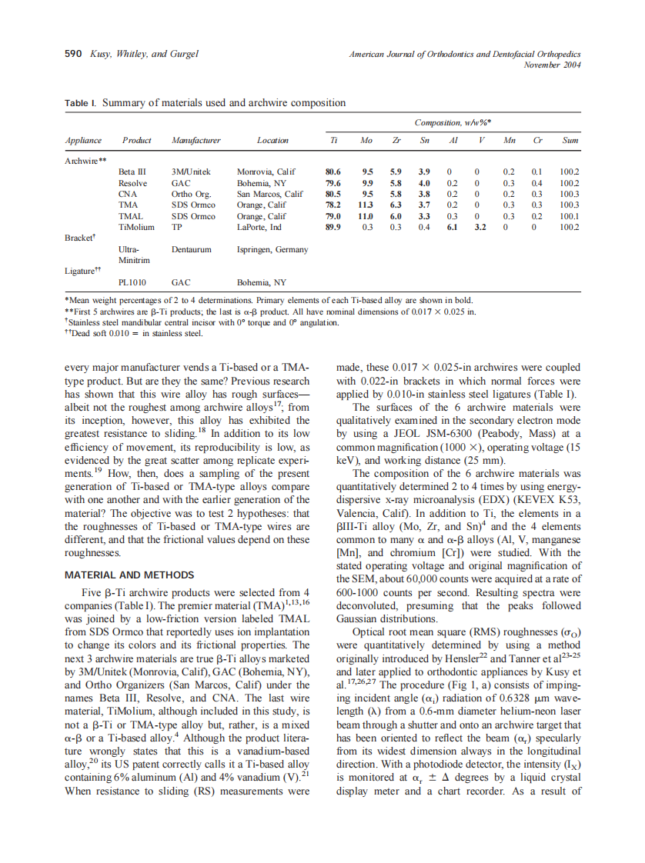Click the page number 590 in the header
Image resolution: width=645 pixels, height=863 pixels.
tap(72, 54)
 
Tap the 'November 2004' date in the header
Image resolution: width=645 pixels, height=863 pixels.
tap(552, 65)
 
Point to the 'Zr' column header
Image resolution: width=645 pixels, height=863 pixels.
tap(396, 141)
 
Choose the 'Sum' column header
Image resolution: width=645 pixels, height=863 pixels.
tap(570, 141)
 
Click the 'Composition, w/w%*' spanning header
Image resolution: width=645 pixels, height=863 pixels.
tap(453, 122)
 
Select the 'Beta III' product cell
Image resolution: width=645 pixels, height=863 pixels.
tap(132, 172)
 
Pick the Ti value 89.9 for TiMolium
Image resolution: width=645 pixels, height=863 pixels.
tap(333, 228)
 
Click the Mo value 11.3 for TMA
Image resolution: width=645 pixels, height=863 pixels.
tap(366, 205)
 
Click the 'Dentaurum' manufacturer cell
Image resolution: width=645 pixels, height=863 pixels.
tap(192, 250)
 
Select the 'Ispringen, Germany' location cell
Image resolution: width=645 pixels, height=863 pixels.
tap(272, 250)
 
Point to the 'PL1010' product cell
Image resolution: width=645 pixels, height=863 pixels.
tap(132, 282)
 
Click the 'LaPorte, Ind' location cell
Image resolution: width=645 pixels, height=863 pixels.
tap(259, 228)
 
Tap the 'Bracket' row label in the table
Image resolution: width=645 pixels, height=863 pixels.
tap(80, 238)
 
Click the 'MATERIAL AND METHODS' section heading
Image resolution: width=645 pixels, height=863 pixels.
tap(129, 575)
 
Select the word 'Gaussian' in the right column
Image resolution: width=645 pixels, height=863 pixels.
tap(360, 618)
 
